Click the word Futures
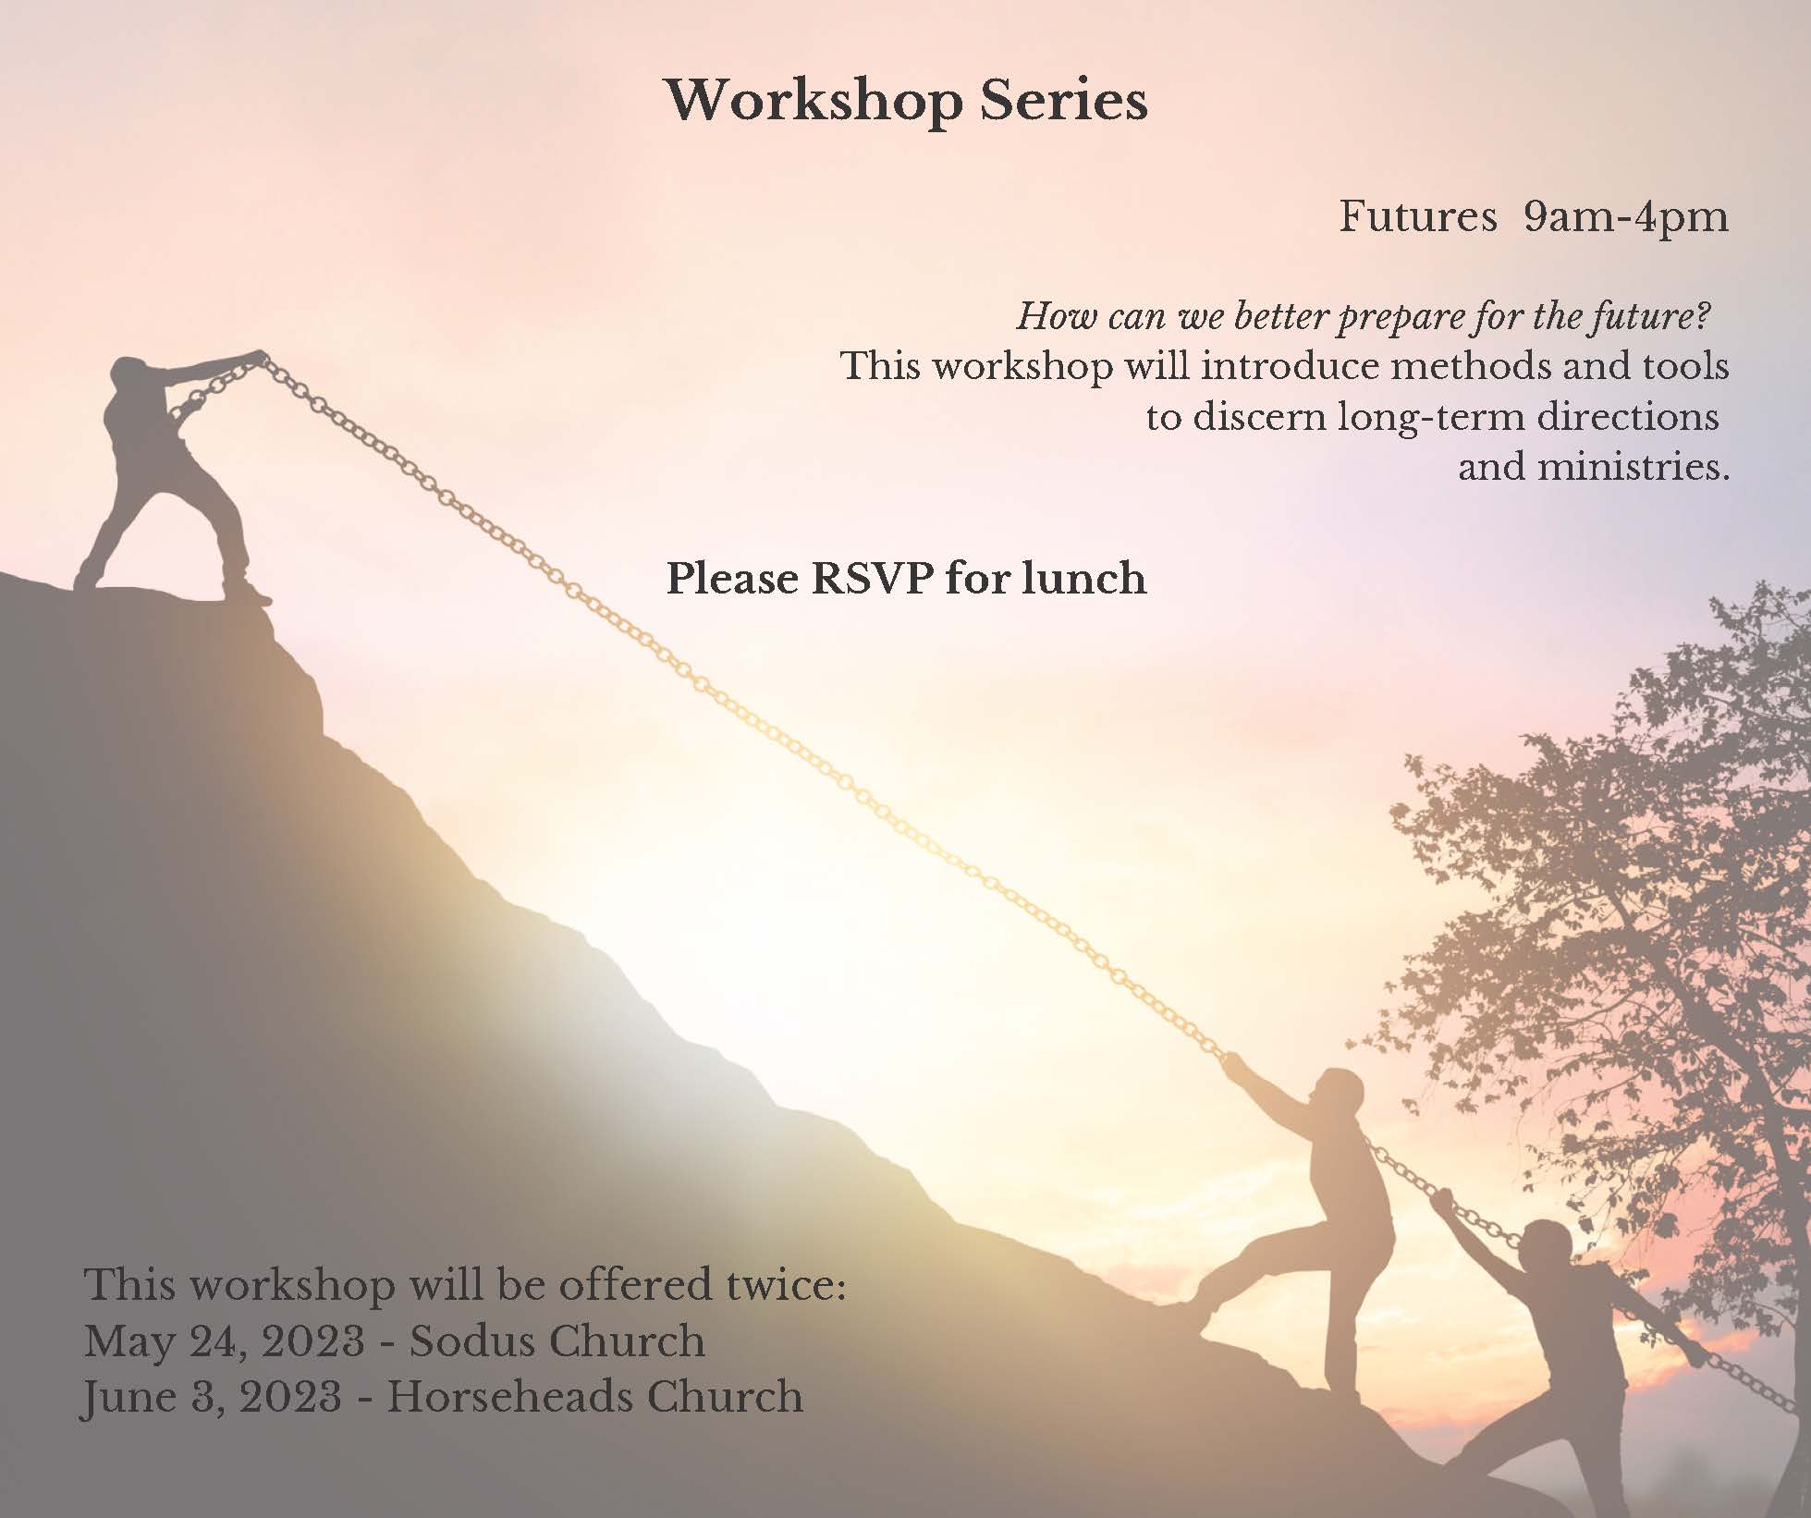click(1418, 217)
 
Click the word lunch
click(1084, 579)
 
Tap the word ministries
click(1633, 467)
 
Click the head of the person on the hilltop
click(130, 376)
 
